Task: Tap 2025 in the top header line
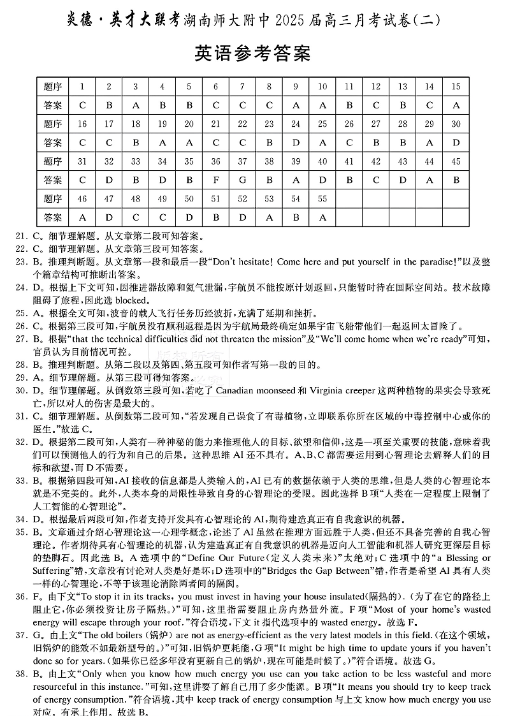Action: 291,21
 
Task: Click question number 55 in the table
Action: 322,199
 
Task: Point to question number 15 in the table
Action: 456,87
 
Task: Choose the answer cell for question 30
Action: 456,143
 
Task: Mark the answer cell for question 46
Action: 82,217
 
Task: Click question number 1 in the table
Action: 82,87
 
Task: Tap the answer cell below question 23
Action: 270,143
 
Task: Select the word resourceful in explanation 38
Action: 57,685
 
